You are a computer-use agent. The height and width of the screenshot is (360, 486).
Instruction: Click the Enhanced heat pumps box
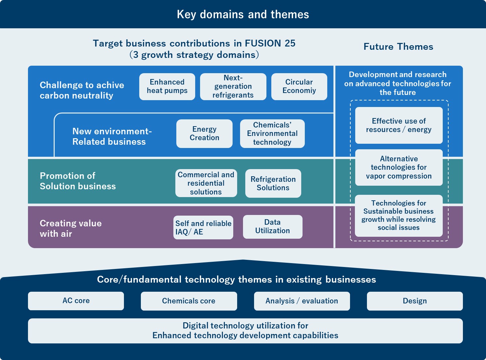[167, 87]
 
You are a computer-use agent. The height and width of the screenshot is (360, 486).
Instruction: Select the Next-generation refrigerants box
[233, 87]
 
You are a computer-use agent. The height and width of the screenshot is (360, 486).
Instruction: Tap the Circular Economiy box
[299, 87]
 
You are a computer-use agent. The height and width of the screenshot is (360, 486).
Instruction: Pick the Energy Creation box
[204, 134]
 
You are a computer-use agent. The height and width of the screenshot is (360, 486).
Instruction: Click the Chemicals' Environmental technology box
[272, 134]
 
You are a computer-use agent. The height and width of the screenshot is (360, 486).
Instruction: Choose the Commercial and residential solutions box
[206, 183]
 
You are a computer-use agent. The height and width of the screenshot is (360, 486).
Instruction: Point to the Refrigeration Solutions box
[273, 183]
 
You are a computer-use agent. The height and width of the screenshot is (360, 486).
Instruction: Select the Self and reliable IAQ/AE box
[203, 228]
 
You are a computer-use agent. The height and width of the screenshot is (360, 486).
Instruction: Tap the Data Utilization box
[272, 227]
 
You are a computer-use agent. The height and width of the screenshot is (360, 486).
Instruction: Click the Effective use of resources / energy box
[399, 125]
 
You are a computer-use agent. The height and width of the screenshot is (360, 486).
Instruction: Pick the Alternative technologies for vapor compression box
[399, 167]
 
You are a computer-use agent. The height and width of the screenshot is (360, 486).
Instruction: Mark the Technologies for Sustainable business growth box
[398, 215]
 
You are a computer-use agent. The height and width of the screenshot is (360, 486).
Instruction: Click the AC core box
[76, 301]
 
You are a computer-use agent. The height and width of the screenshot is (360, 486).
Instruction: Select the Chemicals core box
[189, 301]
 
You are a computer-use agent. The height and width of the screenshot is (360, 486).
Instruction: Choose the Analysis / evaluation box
[302, 301]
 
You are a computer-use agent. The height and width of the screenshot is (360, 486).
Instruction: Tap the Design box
[414, 301]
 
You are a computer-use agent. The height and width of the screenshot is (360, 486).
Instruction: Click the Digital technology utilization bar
[245, 331]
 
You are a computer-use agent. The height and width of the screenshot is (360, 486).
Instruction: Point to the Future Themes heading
[398, 47]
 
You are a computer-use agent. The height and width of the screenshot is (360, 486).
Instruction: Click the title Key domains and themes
[243, 14]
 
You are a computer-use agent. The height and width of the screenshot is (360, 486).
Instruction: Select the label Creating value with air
[71, 228]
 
